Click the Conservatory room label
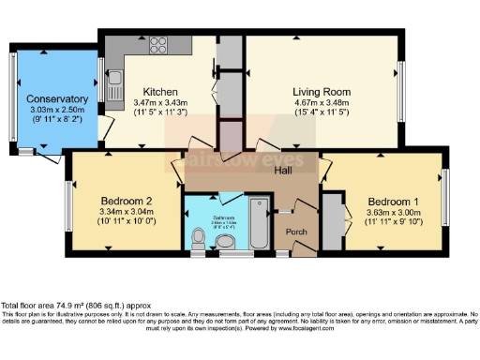click(57, 99)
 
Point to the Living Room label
click(319, 91)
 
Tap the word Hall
click(283, 172)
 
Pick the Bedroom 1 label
click(392, 202)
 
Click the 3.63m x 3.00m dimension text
click(392, 213)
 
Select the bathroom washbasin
click(226, 243)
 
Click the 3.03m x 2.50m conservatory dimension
click(57, 111)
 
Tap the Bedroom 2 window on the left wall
click(70, 200)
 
